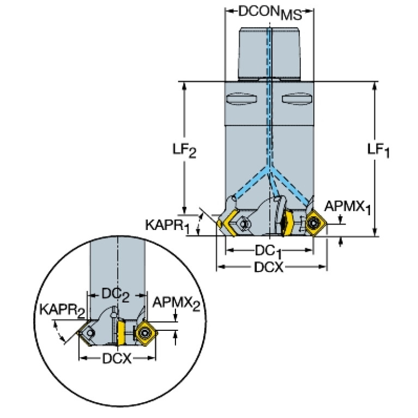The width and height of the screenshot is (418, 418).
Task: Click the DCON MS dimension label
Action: click(x=270, y=13)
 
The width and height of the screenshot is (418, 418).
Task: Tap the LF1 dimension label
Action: click(x=378, y=150)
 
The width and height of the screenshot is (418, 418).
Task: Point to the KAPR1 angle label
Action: click(x=167, y=226)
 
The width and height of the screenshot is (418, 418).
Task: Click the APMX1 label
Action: click(x=348, y=207)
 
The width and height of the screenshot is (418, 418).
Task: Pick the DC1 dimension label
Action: click(x=268, y=251)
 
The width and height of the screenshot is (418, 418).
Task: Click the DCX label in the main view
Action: click(x=269, y=267)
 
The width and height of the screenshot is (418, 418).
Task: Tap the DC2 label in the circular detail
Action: click(x=116, y=295)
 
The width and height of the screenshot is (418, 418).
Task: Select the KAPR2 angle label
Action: click(x=62, y=311)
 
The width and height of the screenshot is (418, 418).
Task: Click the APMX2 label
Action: click(x=176, y=304)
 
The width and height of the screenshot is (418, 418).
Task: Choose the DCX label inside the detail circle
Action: click(x=117, y=359)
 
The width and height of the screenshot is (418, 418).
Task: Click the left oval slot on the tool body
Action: click(x=241, y=99)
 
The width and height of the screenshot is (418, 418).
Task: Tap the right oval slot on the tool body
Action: click(x=296, y=99)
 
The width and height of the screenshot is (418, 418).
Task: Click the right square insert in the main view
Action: click(x=316, y=223)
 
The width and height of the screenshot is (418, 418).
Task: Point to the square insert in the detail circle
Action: click(x=146, y=332)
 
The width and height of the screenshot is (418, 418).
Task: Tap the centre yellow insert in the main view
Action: click(x=288, y=223)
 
